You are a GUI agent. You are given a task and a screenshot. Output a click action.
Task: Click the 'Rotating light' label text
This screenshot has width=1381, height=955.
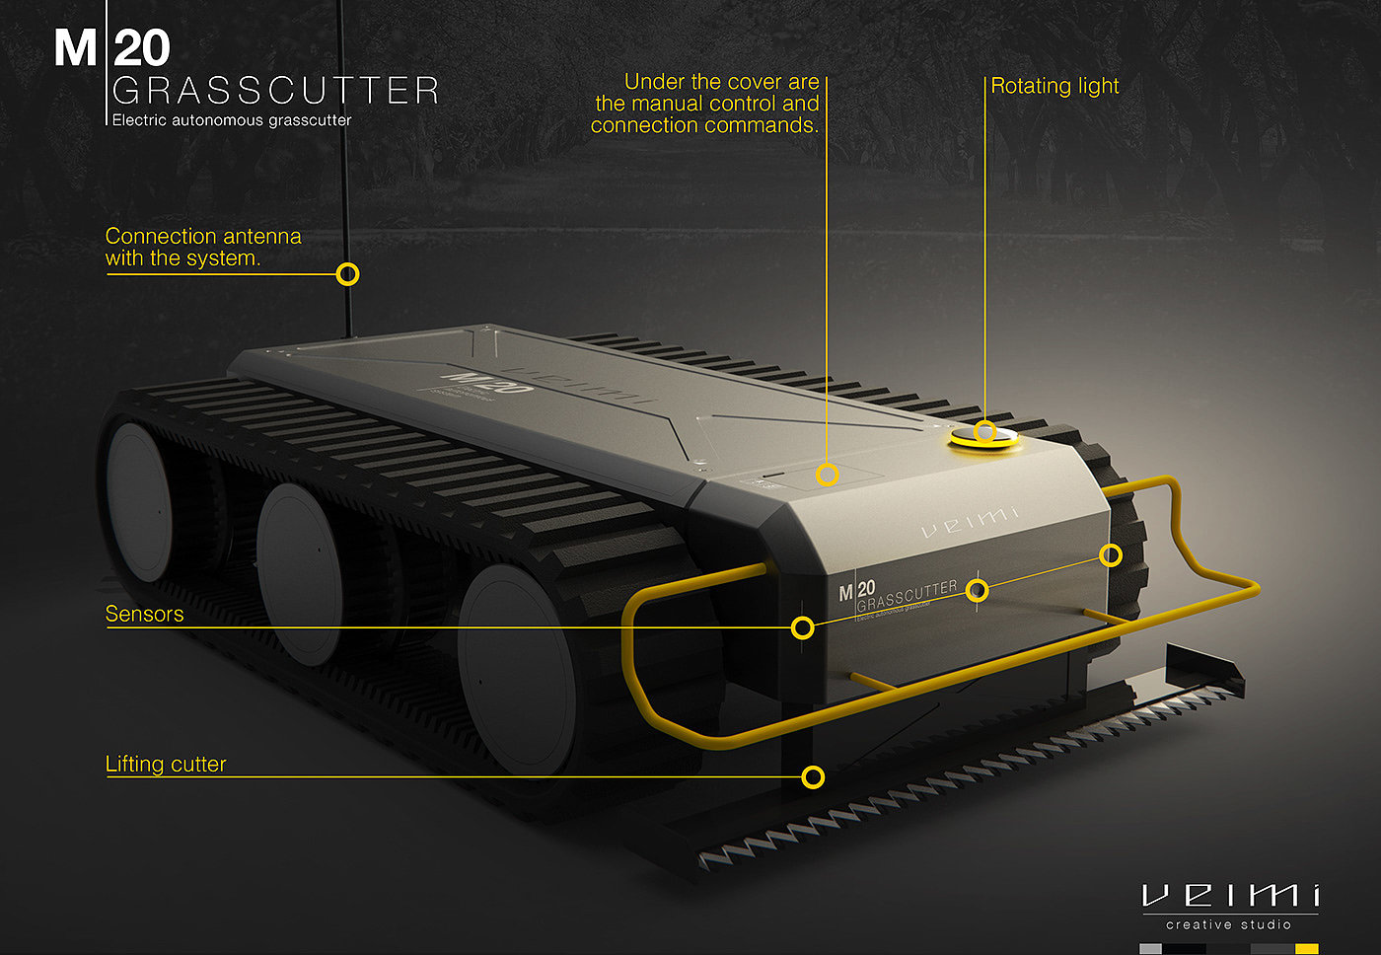[1054, 87]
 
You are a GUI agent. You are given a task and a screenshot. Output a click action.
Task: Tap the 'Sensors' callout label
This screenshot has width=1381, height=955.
[144, 614]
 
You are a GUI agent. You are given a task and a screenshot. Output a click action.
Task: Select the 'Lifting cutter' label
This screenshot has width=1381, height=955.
[166, 765]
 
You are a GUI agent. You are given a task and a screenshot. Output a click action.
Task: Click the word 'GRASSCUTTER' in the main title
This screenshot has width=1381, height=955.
[275, 92]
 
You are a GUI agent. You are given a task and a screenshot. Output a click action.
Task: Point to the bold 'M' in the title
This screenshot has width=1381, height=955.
[75, 48]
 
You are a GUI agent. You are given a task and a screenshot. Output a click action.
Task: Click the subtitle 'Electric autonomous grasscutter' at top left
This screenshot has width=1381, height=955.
[231, 120]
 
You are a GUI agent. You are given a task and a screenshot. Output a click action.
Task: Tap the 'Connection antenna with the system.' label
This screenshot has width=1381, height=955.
[202, 248]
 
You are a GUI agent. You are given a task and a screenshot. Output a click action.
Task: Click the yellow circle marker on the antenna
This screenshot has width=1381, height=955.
[347, 274]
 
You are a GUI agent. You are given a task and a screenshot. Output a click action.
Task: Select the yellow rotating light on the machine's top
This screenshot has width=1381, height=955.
[984, 437]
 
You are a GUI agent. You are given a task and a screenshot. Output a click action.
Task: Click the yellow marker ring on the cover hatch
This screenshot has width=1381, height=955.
[828, 475]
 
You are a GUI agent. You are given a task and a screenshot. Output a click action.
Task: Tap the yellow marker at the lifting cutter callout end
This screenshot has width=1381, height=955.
[813, 777]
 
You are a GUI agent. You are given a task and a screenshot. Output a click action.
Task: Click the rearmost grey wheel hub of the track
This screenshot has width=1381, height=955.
[139, 501]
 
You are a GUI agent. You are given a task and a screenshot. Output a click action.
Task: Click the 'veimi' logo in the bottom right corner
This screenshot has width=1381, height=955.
[1230, 895]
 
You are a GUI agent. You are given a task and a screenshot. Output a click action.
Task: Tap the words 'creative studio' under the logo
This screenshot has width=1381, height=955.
[1228, 925]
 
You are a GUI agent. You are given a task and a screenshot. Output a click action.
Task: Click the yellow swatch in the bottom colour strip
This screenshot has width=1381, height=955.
[1306, 949]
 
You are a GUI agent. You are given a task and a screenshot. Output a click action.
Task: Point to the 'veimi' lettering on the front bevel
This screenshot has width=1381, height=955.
[970, 523]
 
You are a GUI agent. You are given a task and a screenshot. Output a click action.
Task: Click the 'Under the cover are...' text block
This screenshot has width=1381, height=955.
[706, 104]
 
